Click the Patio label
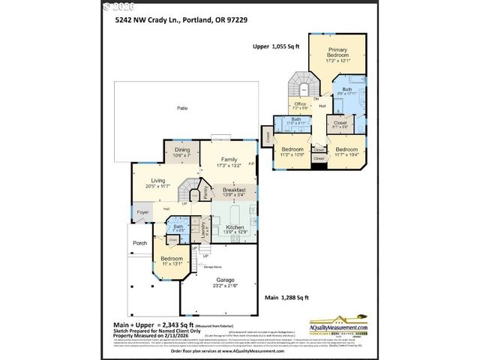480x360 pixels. click(x=181, y=109)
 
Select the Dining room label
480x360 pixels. click(x=182, y=150)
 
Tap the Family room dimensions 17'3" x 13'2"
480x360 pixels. click(x=229, y=165)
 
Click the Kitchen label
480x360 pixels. click(x=235, y=226)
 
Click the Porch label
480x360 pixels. click(x=140, y=243)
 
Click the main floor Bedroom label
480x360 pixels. click(x=172, y=259)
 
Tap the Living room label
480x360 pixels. click(x=158, y=180)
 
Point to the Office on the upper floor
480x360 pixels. click(x=300, y=104)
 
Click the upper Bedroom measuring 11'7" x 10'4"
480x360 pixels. click(x=346, y=150)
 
